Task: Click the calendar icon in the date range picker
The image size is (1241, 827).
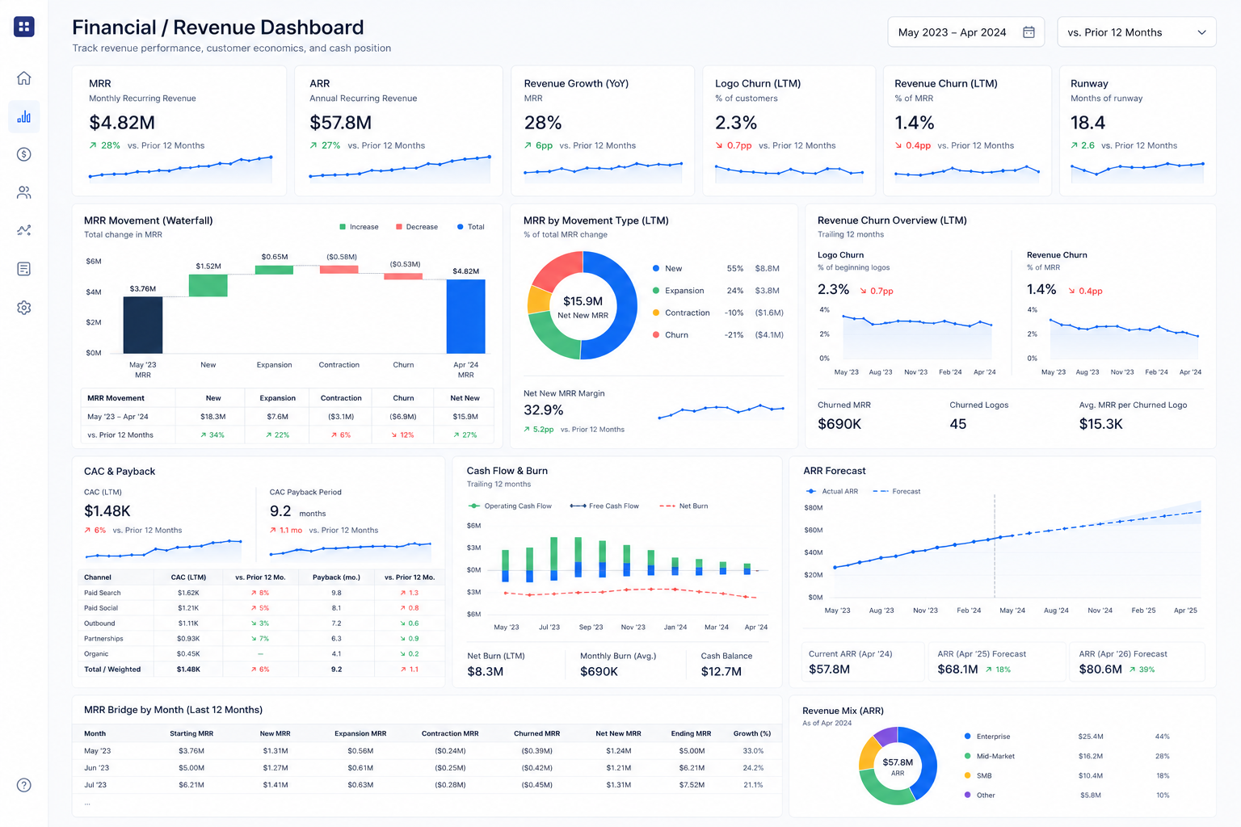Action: click(x=1029, y=32)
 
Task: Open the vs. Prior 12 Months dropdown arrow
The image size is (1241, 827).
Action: click(x=1201, y=32)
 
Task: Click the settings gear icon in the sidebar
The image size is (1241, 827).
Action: click(x=23, y=308)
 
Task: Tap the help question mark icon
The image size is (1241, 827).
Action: click(x=23, y=785)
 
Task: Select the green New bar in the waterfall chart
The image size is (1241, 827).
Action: click(x=208, y=285)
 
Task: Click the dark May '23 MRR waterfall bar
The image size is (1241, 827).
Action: click(x=143, y=325)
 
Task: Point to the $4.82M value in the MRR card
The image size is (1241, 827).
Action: click(x=122, y=123)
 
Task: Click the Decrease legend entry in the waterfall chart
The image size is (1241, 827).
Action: click(x=417, y=227)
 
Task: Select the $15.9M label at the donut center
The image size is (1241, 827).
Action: click(x=583, y=300)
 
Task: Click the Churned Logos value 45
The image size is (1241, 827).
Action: click(x=958, y=424)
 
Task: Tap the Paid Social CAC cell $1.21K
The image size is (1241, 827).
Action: click(x=188, y=607)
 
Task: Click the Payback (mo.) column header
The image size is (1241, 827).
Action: click(x=336, y=577)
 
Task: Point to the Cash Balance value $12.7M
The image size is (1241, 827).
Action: click(x=721, y=671)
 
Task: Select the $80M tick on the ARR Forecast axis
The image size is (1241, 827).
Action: click(x=814, y=507)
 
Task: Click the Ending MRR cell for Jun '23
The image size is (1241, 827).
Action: click(x=692, y=768)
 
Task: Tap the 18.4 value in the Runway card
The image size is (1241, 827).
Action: click(x=1087, y=123)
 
